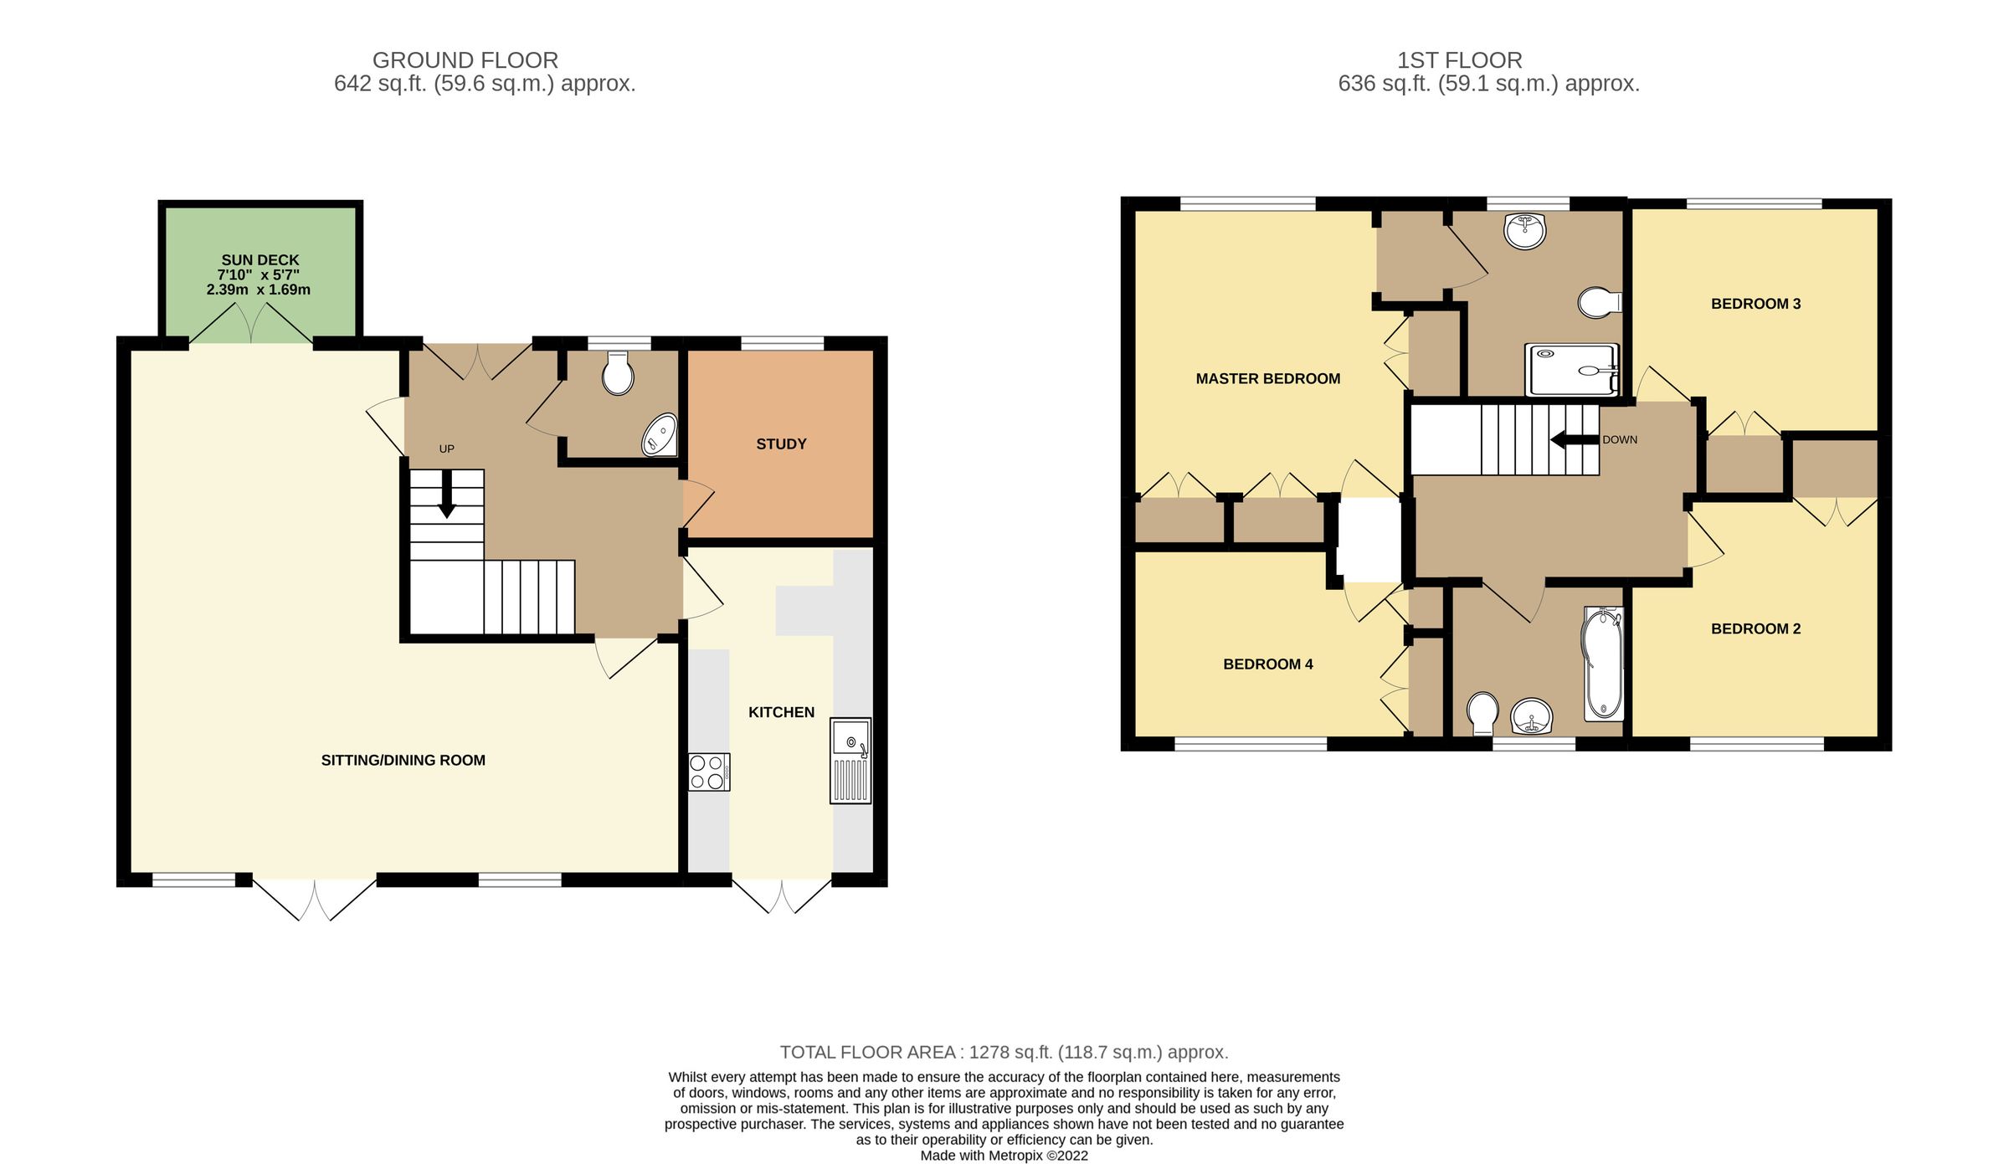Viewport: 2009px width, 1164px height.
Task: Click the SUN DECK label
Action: click(259, 260)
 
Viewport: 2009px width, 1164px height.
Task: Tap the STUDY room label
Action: click(781, 444)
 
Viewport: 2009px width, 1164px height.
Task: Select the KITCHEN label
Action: click(781, 712)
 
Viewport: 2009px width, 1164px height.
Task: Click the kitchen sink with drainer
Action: click(850, 761)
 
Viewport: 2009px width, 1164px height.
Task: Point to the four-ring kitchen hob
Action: click(708, 772)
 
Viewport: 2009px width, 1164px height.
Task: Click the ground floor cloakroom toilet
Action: click(618, 373)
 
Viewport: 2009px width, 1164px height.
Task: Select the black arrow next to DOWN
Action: click(1574, 439)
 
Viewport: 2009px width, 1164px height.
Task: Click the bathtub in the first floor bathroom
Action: click(1602, 664)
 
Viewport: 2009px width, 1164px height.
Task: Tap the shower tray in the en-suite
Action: click(1570, 370)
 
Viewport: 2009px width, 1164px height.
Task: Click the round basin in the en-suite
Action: click(1524, 231)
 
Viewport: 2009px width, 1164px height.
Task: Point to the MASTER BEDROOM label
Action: click(1267, 379)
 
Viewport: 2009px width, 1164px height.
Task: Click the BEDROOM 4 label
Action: click(1267, 664)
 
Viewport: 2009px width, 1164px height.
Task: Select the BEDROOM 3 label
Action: click(1755, 304)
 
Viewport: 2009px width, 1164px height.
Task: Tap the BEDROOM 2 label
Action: click(1755, 629)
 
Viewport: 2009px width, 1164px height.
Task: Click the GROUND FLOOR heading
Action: click(465, 60)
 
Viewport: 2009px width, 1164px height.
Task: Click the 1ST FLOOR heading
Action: click(1459, 60)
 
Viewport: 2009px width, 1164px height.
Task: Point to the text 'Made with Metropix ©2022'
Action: click(1004, 1156)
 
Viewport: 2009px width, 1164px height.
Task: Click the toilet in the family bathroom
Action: click(1482, 711)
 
